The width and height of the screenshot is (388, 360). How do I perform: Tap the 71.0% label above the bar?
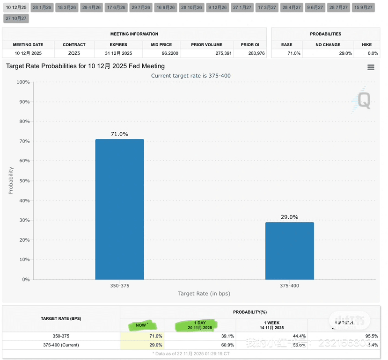[x=119, y=134]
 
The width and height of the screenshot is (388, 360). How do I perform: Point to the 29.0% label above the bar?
[x=289, y=217]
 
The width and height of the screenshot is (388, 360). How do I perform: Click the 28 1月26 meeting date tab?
[x=42, y=7]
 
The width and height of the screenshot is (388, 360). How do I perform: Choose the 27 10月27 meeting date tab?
[x=16, y=18]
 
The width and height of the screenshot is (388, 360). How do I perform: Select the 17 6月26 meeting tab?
[x=116, y=7]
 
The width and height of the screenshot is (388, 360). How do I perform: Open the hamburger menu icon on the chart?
[x=371, y=67]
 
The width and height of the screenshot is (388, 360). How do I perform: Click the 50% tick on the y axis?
[x=24, y=180]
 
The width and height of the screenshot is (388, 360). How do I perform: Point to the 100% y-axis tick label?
[x=23, y=82]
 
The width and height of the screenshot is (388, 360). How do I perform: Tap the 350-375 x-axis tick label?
[x=119, y=285]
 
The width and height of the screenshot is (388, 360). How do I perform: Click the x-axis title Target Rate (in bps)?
[x=204, y=294]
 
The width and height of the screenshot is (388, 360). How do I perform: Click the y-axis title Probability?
[x=11, y=180]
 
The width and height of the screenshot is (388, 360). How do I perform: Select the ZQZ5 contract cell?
[x=74, y=53]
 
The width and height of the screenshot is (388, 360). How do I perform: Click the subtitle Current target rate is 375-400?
[x=190, y=76]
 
